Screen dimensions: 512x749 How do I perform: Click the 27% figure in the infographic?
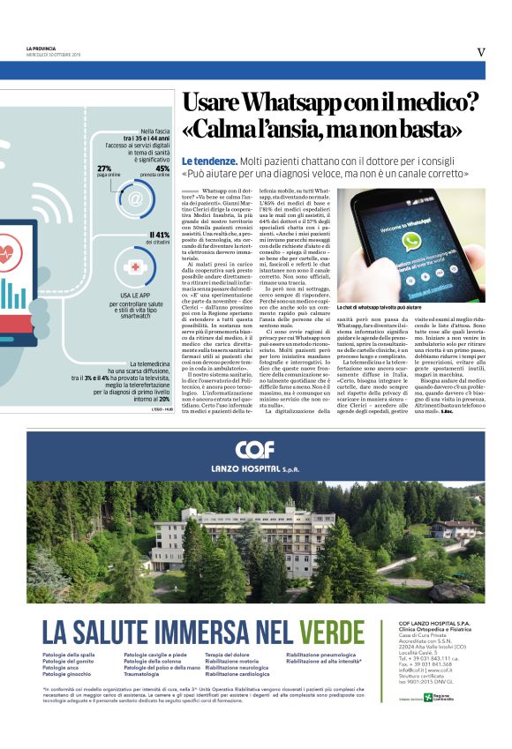pos(104,169)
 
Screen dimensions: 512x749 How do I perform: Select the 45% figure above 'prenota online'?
pos(162,169)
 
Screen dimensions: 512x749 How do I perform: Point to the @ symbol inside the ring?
pos(135,199)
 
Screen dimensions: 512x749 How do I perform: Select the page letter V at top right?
pos(481,52)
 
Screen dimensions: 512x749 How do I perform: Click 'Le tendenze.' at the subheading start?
pos(209,161)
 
